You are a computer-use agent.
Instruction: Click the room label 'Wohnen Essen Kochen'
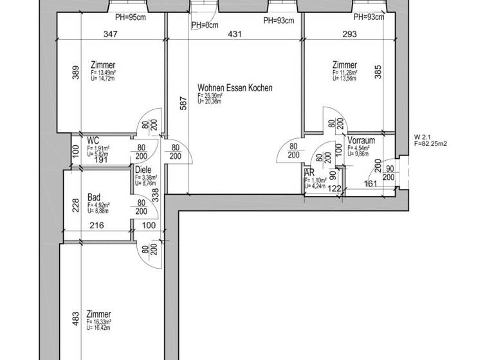pos(235,88)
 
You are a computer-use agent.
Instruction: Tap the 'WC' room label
pos(93,139)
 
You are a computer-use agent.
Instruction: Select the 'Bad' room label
pos(94,197)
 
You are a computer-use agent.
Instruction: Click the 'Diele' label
pos(143,170)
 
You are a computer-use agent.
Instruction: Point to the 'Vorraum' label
pos(361,140)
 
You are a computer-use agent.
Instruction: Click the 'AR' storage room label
pos(309,172)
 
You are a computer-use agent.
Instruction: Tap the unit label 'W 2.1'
pos(423,137)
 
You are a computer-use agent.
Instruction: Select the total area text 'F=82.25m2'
pos(430,144)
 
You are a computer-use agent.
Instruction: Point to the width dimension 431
pos(235,35)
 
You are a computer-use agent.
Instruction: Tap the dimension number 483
pos(75,318)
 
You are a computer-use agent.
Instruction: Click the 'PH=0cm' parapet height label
pos(205,25)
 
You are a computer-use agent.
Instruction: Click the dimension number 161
pos(370,183)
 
